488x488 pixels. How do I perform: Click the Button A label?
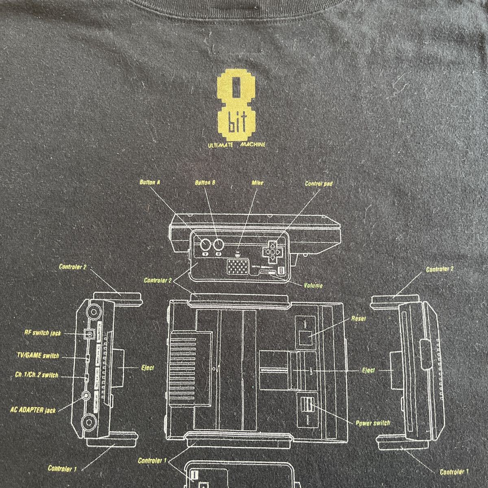[149, 183]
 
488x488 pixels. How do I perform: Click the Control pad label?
[319, 183]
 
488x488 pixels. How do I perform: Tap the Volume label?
[313, 285]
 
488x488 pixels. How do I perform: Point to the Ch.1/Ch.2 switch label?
[39, 375]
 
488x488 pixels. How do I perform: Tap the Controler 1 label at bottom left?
[62, 468]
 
